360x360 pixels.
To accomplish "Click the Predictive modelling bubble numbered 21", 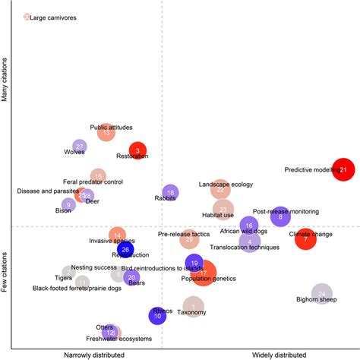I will [x=344, y=169].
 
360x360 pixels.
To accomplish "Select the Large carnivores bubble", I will [x=27, y=16].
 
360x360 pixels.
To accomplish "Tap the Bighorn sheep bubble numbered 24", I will [x=322, y=294].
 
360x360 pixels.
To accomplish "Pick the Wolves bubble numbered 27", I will [x=79, y=146].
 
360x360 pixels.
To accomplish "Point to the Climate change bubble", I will [x=305, y=239].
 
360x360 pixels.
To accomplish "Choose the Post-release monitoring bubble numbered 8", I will [x=280, y=216].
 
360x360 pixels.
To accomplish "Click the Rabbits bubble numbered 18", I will [x=170, y=194].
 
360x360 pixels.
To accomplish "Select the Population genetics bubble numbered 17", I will [x=204, y=272].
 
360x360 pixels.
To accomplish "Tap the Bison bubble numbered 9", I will [x=68, y=204].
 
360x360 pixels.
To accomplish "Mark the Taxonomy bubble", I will [x=193, y=307].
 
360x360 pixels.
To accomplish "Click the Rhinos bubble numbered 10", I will [x=157, y=316].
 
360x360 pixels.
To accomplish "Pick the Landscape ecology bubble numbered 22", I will [x=220, y=189].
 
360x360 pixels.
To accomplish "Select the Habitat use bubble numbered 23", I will [x=222, y=209].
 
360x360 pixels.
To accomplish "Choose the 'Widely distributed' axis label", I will [x=278, y=355].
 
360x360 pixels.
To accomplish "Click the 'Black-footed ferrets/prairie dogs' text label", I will [x=75, y=288].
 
